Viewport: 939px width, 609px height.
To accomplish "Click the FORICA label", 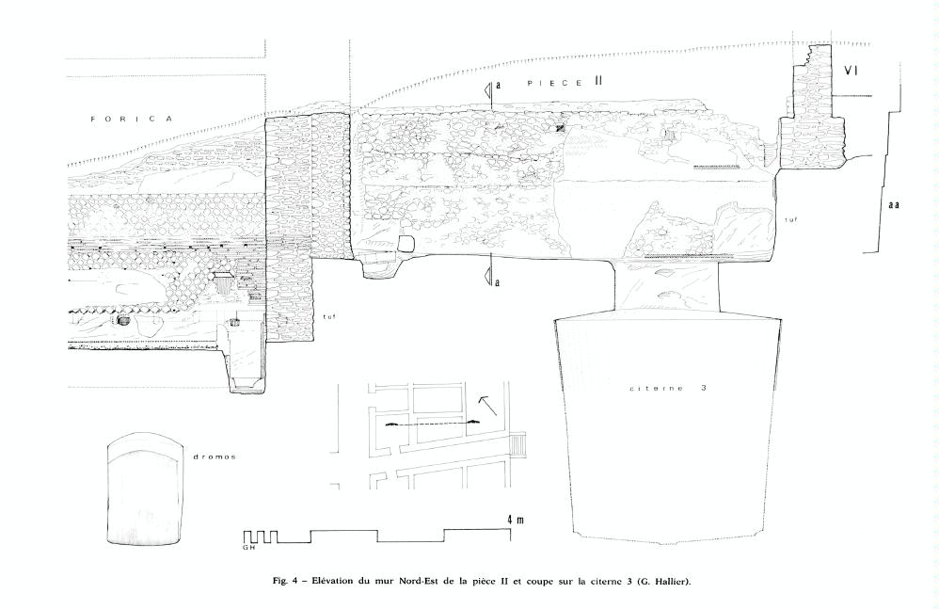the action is [132, 120].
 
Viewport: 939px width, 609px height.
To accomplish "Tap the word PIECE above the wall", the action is [554, 83].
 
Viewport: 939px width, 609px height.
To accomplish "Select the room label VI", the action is [851, 71].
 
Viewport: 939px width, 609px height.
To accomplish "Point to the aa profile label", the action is [894, 205].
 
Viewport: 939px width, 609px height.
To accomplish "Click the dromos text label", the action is [214, 457].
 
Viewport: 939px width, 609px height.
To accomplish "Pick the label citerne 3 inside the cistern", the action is [668, 388].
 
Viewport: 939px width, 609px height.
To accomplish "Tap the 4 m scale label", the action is [516, 520].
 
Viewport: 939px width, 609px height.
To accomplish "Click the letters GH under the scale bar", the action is [249, 547].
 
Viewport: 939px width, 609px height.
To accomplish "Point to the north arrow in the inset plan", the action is [487, 406].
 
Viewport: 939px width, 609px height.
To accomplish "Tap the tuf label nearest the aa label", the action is [791, 220].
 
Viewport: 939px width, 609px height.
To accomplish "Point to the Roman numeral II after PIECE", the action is [597, 83].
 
